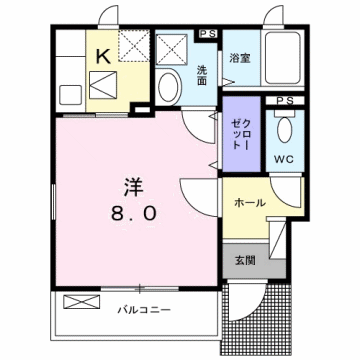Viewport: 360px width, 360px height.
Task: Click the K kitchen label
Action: [101, 58]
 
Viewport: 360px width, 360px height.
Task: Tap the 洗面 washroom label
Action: [201, 75]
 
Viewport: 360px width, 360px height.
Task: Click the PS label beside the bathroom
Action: [208, 34]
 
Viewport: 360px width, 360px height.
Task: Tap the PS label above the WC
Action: [284, 100]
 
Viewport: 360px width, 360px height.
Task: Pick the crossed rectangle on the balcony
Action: [78, 301]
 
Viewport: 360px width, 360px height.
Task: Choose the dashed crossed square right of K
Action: [132, 45]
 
